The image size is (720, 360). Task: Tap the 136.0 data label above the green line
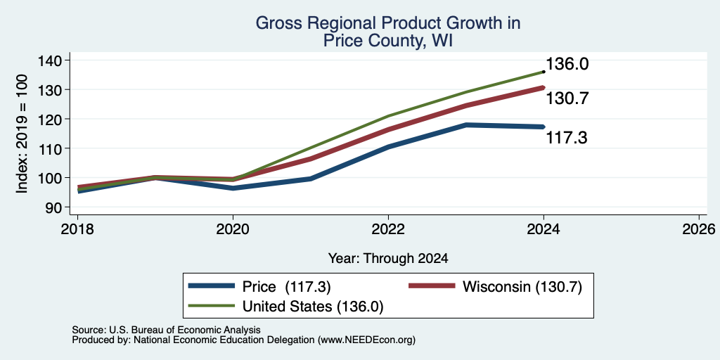click(x=567, y=64)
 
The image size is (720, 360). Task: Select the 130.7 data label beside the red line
click(x=567, y=98)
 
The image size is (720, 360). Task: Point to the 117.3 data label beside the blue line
click(x=567, y=137)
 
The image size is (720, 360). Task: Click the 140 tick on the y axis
click(x=55, y=60)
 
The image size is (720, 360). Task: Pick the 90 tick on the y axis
click(x=59, y=207)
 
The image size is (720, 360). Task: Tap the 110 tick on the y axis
click(x=55, y=148)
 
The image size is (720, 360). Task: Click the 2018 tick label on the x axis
click(x=77, y=229)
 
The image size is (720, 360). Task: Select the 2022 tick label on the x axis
click(x=388, y=229)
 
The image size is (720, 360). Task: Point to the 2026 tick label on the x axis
click(x=699, y=229)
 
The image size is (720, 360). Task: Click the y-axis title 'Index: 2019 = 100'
click(x=23, y=134)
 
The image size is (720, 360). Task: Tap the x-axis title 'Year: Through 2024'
click(x=388, y=259)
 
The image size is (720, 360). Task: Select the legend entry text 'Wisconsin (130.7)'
click(x=522, y=287)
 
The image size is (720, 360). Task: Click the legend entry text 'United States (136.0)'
click(x=313, y=307)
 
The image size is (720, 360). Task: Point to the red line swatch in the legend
click(x=432, y=285)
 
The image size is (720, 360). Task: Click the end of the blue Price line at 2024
click(x=544, y=127)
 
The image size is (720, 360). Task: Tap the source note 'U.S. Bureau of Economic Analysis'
click(x=185, y=330)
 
